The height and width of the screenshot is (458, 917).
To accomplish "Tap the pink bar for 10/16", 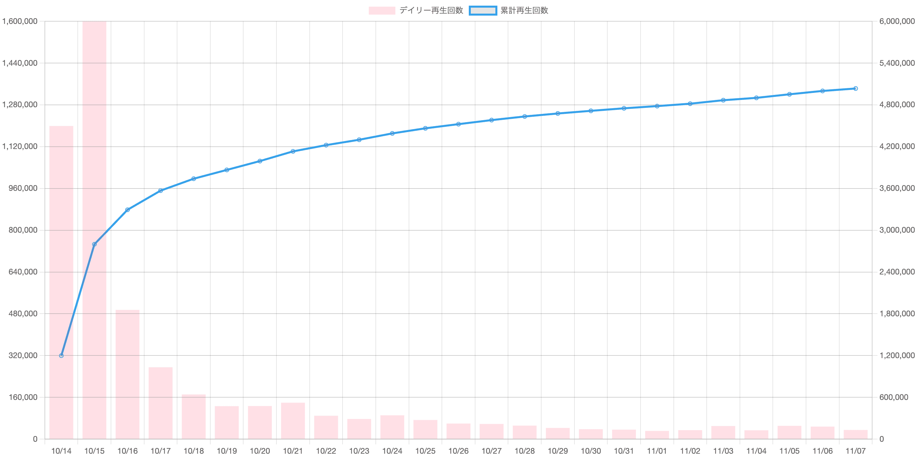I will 128,374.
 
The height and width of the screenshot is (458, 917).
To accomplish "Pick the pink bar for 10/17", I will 160,403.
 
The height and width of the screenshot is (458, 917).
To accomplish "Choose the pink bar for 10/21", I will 293,421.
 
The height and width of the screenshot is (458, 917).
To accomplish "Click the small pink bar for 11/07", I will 856,434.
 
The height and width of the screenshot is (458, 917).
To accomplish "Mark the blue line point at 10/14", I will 61,355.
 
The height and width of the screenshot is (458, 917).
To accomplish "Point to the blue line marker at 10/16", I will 128,210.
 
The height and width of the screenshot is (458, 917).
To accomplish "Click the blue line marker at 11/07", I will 856,89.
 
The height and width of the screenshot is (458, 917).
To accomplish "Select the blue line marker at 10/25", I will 425,128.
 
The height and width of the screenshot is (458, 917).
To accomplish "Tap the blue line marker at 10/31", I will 624,108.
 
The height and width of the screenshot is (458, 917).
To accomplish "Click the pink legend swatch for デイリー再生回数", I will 382,11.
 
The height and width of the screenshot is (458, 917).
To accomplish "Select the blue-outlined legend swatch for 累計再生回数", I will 483,11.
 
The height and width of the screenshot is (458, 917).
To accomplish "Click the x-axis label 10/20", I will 260,451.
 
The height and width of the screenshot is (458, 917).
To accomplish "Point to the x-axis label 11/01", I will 657,451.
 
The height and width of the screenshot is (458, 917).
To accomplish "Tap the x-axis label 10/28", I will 525,451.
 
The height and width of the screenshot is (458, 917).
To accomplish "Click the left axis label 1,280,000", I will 20,105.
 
